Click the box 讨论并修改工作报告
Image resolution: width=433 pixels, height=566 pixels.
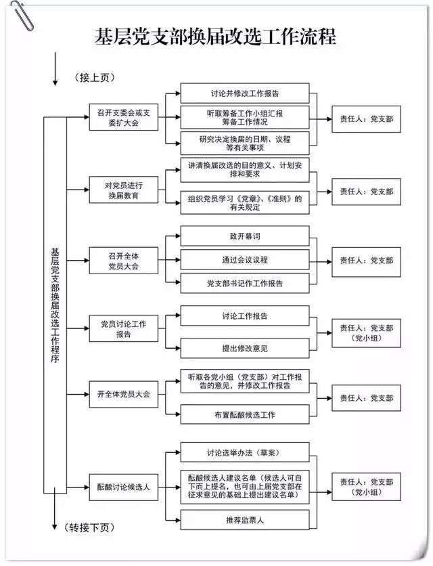244,93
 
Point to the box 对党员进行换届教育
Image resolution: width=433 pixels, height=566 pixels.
123,190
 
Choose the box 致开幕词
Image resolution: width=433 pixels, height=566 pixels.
244,236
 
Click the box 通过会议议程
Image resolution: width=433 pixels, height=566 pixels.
244,259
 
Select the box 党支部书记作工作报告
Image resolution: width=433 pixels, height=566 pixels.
244,283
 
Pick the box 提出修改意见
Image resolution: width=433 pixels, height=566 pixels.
244,348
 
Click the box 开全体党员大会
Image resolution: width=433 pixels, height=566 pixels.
123,394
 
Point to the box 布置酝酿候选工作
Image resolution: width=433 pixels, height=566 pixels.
244,414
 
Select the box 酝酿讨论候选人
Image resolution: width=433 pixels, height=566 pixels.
123,486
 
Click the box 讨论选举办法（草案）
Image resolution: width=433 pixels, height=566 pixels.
244,452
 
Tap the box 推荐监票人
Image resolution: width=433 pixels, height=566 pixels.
244,519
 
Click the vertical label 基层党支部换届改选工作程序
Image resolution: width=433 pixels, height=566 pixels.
55,305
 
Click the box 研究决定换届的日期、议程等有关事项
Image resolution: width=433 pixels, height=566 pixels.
244,143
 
